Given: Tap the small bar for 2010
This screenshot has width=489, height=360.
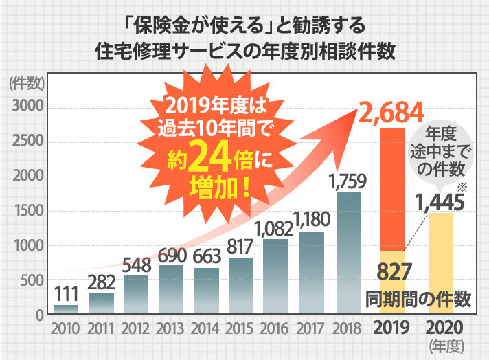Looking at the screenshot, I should pos(66,310).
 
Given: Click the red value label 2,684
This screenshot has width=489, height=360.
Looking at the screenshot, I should pos(393,112).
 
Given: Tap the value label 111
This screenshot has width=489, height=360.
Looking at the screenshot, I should pos(66,294).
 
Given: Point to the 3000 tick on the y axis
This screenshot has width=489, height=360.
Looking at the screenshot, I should pos(28,107).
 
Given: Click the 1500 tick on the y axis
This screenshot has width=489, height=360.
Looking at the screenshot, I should pos(28,211).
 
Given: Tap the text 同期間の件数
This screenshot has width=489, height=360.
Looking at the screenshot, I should pos(418,299).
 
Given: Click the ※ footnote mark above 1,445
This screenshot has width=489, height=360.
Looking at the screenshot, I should pos(462,188).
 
